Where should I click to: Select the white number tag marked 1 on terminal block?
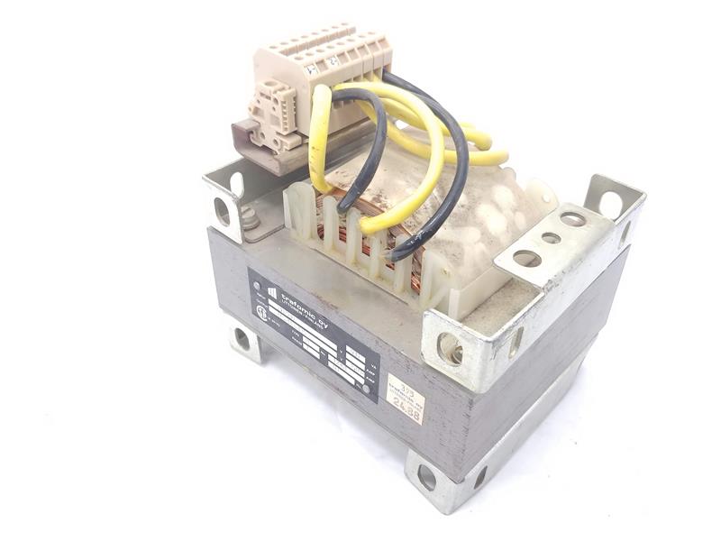[311, 68]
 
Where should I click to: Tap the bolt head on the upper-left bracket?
[249, 217]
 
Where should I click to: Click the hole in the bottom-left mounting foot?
[242, 339]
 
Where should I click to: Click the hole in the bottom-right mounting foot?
[426, 479]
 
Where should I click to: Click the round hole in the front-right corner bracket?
[450, 348]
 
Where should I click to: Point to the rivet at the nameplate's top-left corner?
[258, 286]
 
